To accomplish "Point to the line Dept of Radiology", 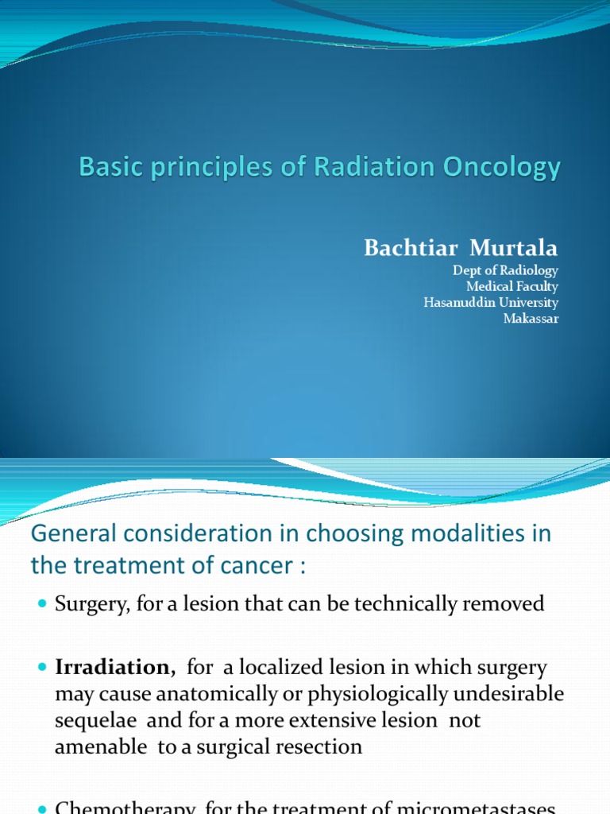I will (x=505, y=271).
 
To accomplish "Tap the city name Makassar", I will (x=531, y=319).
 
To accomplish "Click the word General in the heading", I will (x=66, y=534).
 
